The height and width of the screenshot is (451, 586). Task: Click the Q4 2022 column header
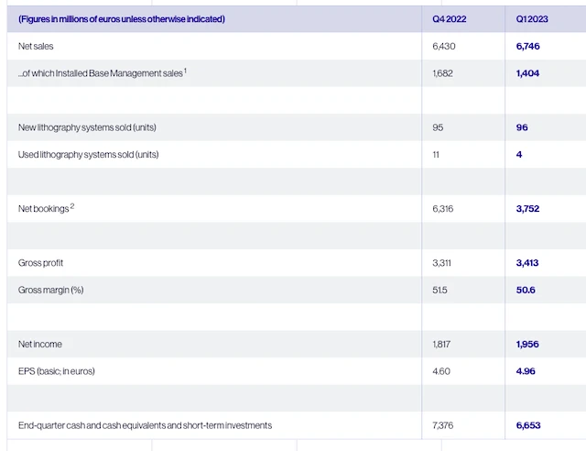[x=450, y=19]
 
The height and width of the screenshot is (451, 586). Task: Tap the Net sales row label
[x=37, y=46]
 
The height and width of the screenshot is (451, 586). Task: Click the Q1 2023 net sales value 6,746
[x=528, y=46]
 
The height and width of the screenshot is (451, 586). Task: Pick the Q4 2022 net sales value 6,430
[x=443, y=46]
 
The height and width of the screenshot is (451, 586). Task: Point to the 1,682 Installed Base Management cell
[x=443, y=73]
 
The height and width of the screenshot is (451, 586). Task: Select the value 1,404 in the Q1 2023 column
[x=528, y=73]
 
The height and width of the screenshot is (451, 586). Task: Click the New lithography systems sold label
[x=93, y=127]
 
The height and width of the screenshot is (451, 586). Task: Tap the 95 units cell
[x=438, y=127]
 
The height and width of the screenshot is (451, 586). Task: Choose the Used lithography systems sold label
[x=89, y=154]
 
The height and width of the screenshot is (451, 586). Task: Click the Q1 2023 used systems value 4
[x=519, y=154]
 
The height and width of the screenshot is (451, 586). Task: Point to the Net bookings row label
[x=43, y=209]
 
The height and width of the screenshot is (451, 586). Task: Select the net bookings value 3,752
[x=528, y=209]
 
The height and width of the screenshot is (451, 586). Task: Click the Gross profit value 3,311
[x=443, y=263]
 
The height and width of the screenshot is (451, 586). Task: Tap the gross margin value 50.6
[x=526, y=290]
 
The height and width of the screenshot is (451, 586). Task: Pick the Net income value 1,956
[x=528, y=344]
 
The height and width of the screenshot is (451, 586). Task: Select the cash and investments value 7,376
[x=443, y=425]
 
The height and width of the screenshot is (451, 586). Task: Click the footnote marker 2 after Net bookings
[x=71, y=206]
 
